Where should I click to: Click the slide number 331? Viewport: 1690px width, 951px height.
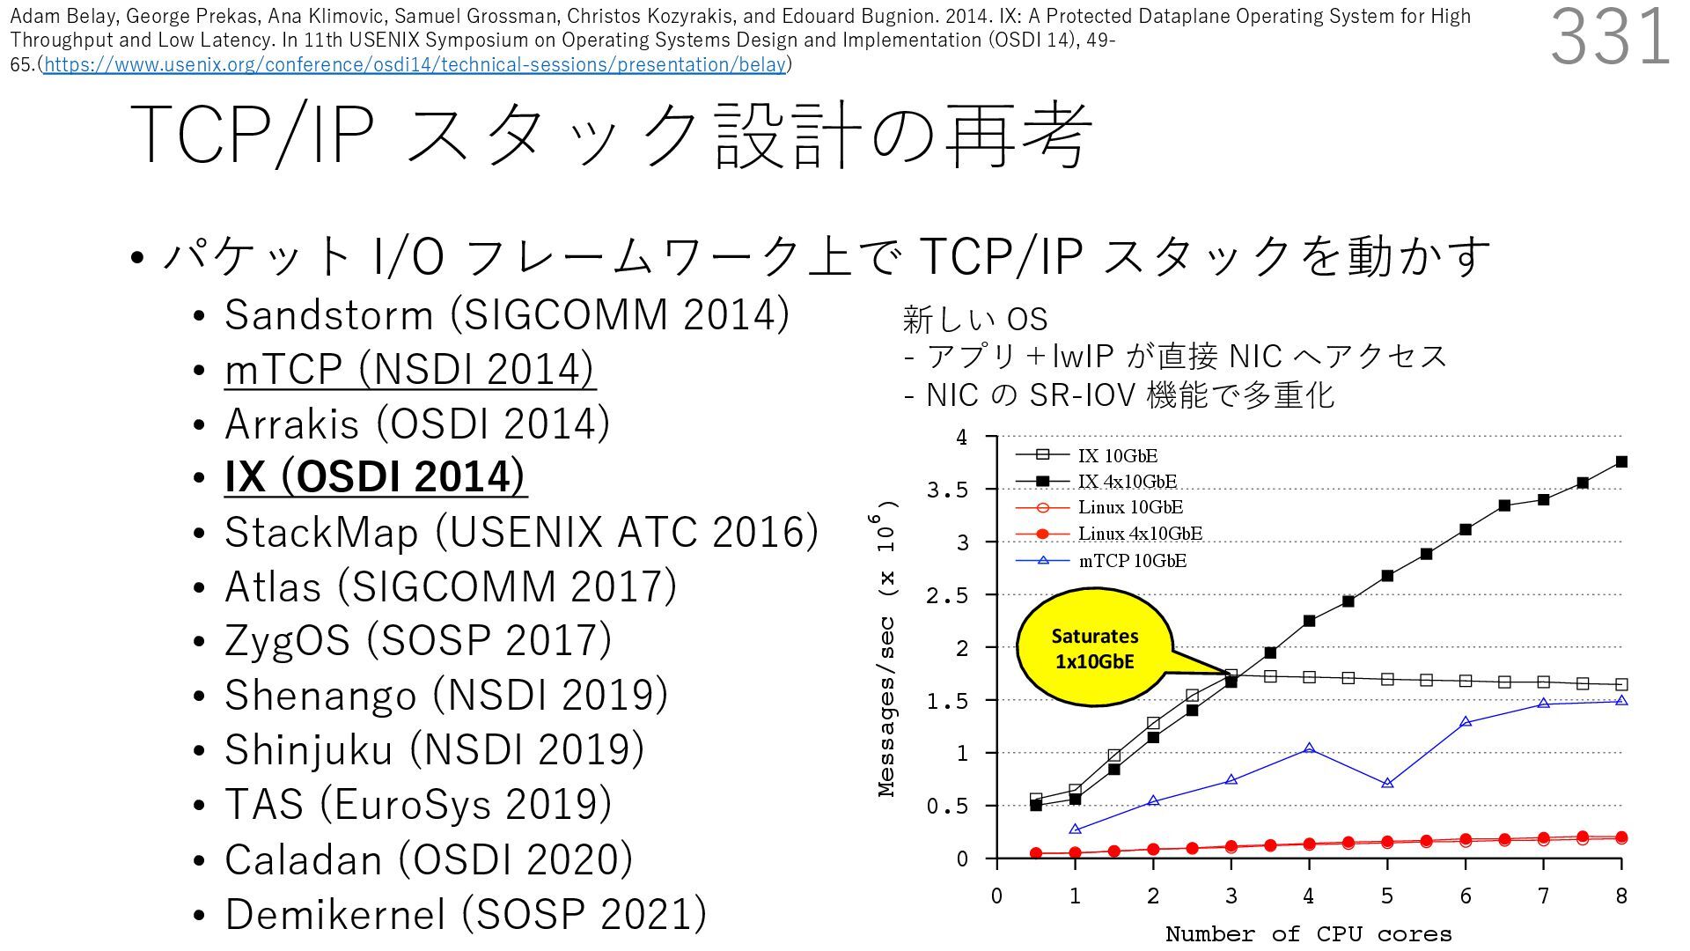[1610, 37]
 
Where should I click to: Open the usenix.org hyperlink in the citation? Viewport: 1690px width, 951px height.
[415, 64]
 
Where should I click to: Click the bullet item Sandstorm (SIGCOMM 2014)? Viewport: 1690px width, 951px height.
[506, 315]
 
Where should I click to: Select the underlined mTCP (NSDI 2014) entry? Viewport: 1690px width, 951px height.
[409, 369]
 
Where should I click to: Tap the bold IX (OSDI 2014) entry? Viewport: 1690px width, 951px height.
[375, 476]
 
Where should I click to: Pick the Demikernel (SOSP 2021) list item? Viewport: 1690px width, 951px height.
[465, 913]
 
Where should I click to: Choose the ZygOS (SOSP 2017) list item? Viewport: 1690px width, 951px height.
[417, 640]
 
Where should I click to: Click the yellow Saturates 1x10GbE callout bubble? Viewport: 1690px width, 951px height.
[1094, 648]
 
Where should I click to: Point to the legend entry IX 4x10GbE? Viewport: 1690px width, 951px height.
[1127, 481]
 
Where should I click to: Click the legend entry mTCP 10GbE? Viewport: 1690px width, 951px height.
[1132, 561]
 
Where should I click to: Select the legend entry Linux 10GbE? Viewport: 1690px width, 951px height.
[1130, 507]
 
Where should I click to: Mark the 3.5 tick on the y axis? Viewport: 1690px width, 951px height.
[947, 490]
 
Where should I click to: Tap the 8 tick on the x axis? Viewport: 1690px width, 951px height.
[1621, 896]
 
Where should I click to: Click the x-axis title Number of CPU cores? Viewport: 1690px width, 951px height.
[1308, 933]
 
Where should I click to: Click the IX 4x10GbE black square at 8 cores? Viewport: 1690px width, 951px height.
[1621, 461]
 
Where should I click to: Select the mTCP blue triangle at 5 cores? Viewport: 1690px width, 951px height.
[1387, 783]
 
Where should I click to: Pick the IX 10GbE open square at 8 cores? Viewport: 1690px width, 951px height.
[1621, 684]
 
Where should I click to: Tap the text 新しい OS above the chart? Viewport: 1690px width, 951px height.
[974, 319]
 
